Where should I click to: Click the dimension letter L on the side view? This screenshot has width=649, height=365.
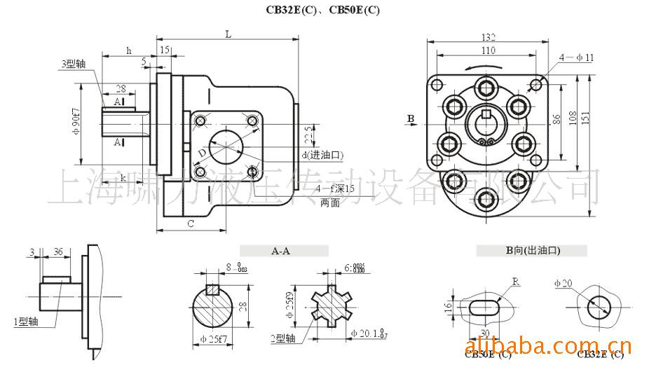(228, 34)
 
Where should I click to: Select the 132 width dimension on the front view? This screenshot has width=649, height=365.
(489, 37)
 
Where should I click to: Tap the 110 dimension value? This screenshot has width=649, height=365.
(489, 50)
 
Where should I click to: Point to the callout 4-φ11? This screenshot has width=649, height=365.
(577, 57)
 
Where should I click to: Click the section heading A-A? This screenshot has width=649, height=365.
(282, 250)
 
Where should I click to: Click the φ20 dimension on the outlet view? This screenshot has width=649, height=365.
(563, 283)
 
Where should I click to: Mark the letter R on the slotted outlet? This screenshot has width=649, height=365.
(516, 282)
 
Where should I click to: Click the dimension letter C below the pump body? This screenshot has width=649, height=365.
(190, 223)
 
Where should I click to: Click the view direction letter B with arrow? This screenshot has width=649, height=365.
(411, 118)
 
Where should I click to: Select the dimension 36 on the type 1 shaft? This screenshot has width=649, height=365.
(58, 252)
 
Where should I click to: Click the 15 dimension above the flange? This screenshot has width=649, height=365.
(165, 50)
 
